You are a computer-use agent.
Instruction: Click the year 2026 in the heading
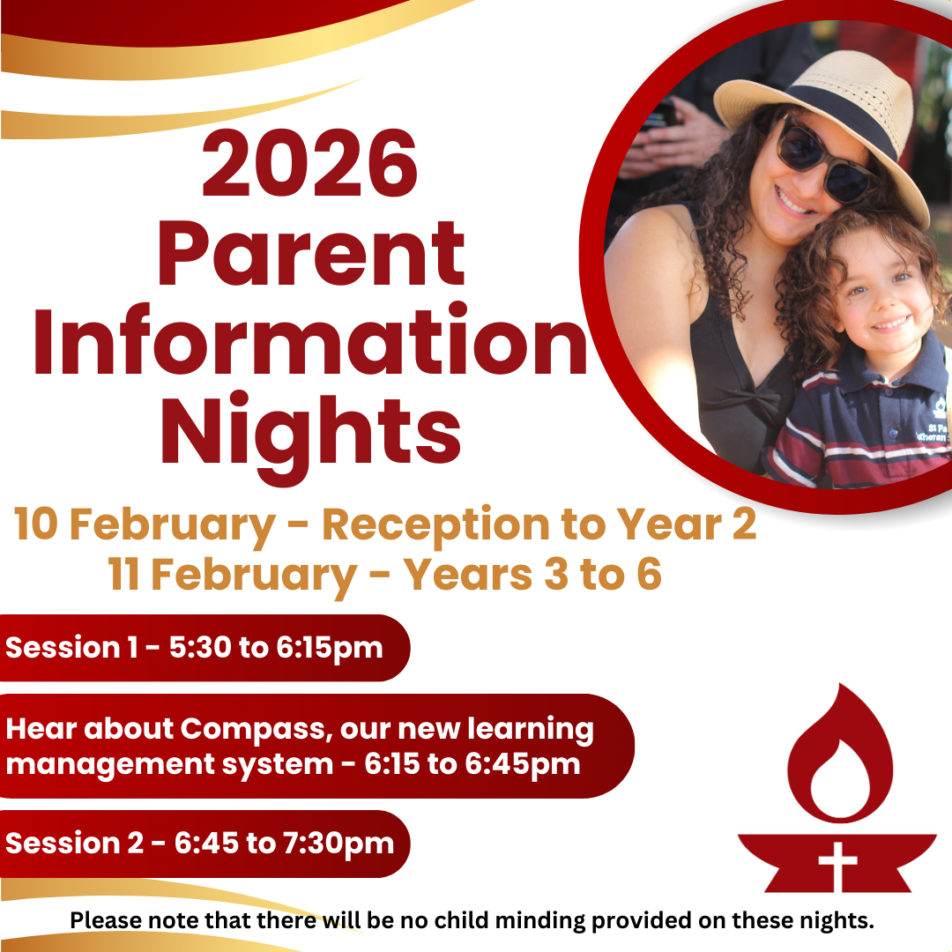(x=309, y=163)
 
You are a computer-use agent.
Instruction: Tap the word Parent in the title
(x=311, y=254)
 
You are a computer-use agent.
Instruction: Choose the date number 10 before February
(x=36, y=524)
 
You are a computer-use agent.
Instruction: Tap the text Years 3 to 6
(x=532, y=575)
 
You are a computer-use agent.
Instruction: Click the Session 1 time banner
(x=204, y=648)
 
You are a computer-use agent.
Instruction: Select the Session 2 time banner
(x=204, y=844)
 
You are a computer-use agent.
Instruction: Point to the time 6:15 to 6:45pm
(x=472, y=765)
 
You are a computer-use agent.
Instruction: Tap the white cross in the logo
(x=838, y=866)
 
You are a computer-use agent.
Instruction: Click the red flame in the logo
(x=840, y=756)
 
